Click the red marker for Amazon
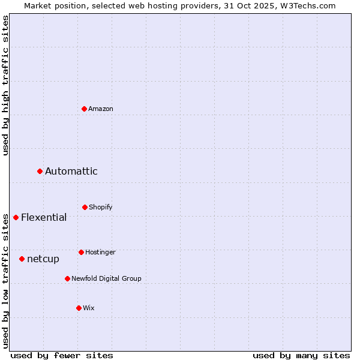(x=85, y=109)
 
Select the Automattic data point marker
(x=40, y=172)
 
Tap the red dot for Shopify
(x=85, y=208)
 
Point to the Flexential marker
(x=16, y=217)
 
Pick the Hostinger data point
(x=81, y=253)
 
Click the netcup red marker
(x=22, y=259)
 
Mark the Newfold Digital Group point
(x=67, y=279)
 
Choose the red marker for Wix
(x=79, y=308)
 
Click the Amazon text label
(x=101, y=109)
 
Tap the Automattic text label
(x=71, y=172)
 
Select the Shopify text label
(x=101, y=208)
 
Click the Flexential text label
(x=44, y=217)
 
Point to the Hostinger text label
(x=100, y=253)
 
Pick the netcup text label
(x=43, y=259)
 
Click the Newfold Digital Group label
(x=107, y=279)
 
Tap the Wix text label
(x=89, y=308)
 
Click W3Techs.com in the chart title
(x=306, y=5)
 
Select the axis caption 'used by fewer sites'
(x=62, y=355)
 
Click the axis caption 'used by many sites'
(x=301, y=355)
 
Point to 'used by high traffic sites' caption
(x=5, y=85)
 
